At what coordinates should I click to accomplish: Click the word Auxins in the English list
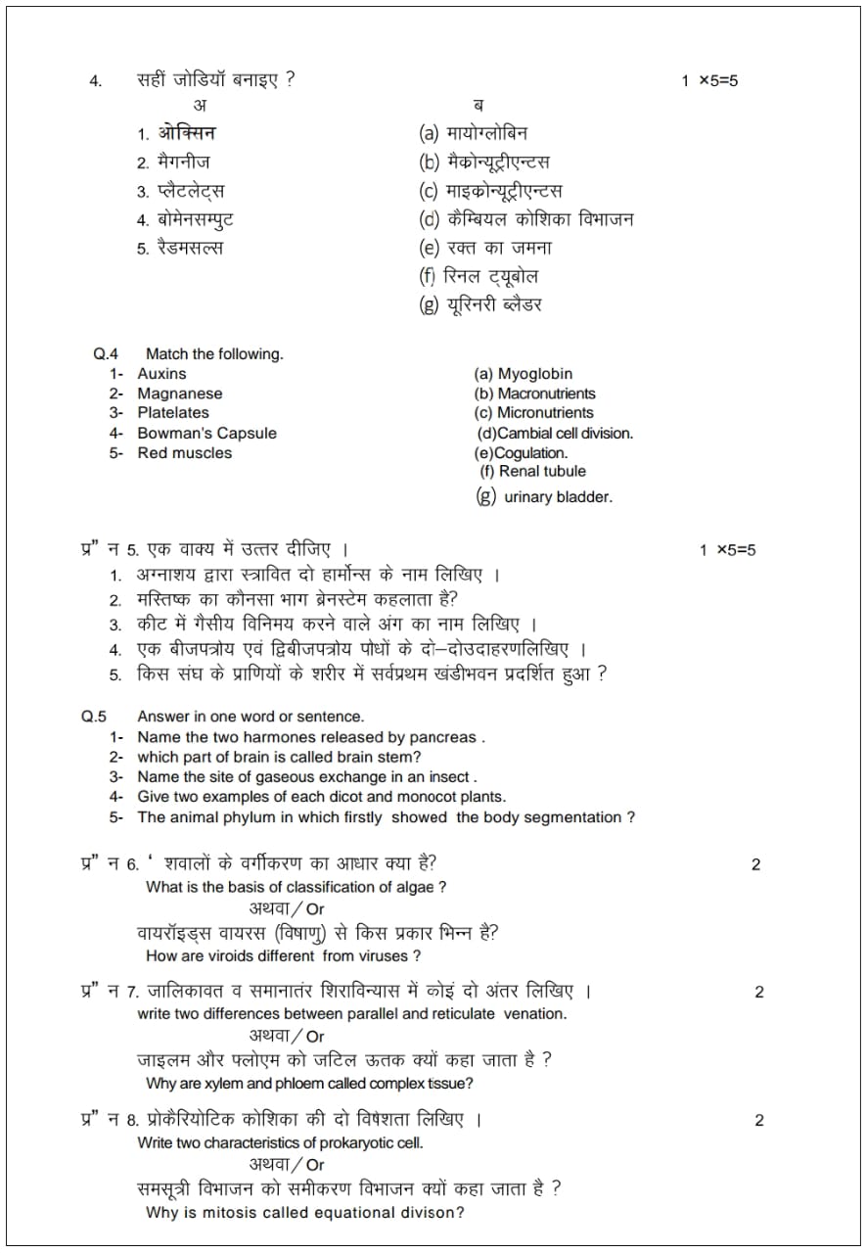[161, 374]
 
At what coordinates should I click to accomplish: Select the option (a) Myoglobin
[524, 374]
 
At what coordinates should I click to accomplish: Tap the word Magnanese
[180, 394]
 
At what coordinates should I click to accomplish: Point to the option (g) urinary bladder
[544, 496]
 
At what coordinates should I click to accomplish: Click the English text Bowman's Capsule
[206, 433]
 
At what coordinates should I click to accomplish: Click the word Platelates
[173, 413]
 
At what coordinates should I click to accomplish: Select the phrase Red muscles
[185, 453]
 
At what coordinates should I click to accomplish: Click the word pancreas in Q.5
[445, 737]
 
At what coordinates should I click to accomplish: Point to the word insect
[445, 777]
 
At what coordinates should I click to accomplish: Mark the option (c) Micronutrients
[534, 413]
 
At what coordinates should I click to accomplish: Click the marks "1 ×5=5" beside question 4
[709, 81]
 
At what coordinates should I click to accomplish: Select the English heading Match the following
[214, 354]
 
